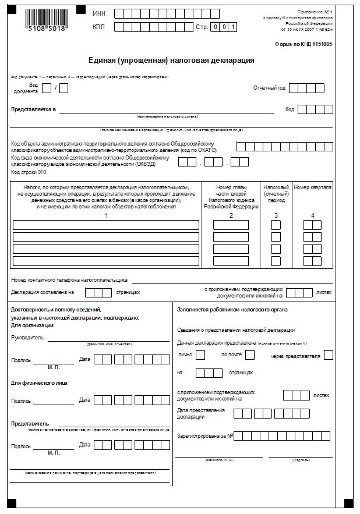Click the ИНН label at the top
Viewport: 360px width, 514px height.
(x=98, y=12)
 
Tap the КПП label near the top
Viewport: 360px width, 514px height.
(x=98, y=26)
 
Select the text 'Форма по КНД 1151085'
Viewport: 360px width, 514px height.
(x=303, y=44)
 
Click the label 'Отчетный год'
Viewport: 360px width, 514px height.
(x=269, y=88)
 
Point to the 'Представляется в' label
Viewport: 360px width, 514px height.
(x=33, y=109)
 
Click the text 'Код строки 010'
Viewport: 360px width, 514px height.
(x=28, y=172)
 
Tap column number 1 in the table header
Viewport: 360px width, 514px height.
(x=107, y=216)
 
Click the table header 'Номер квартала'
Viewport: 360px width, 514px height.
(x=312, y=187)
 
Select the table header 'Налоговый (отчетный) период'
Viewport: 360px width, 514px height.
(x=276, y=194)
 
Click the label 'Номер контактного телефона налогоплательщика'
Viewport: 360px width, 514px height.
(x=69, y=280)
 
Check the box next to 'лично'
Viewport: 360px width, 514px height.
(x=200, y=354)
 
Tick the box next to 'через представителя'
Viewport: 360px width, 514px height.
(x=329, y=354)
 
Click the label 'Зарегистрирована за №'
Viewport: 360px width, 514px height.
(x=205, y=435)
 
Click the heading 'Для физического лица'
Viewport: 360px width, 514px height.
(x=39, y=382)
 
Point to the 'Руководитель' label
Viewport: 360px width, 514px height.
(x=27, y=337)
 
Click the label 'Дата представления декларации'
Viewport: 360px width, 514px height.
(x=200, y=414)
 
